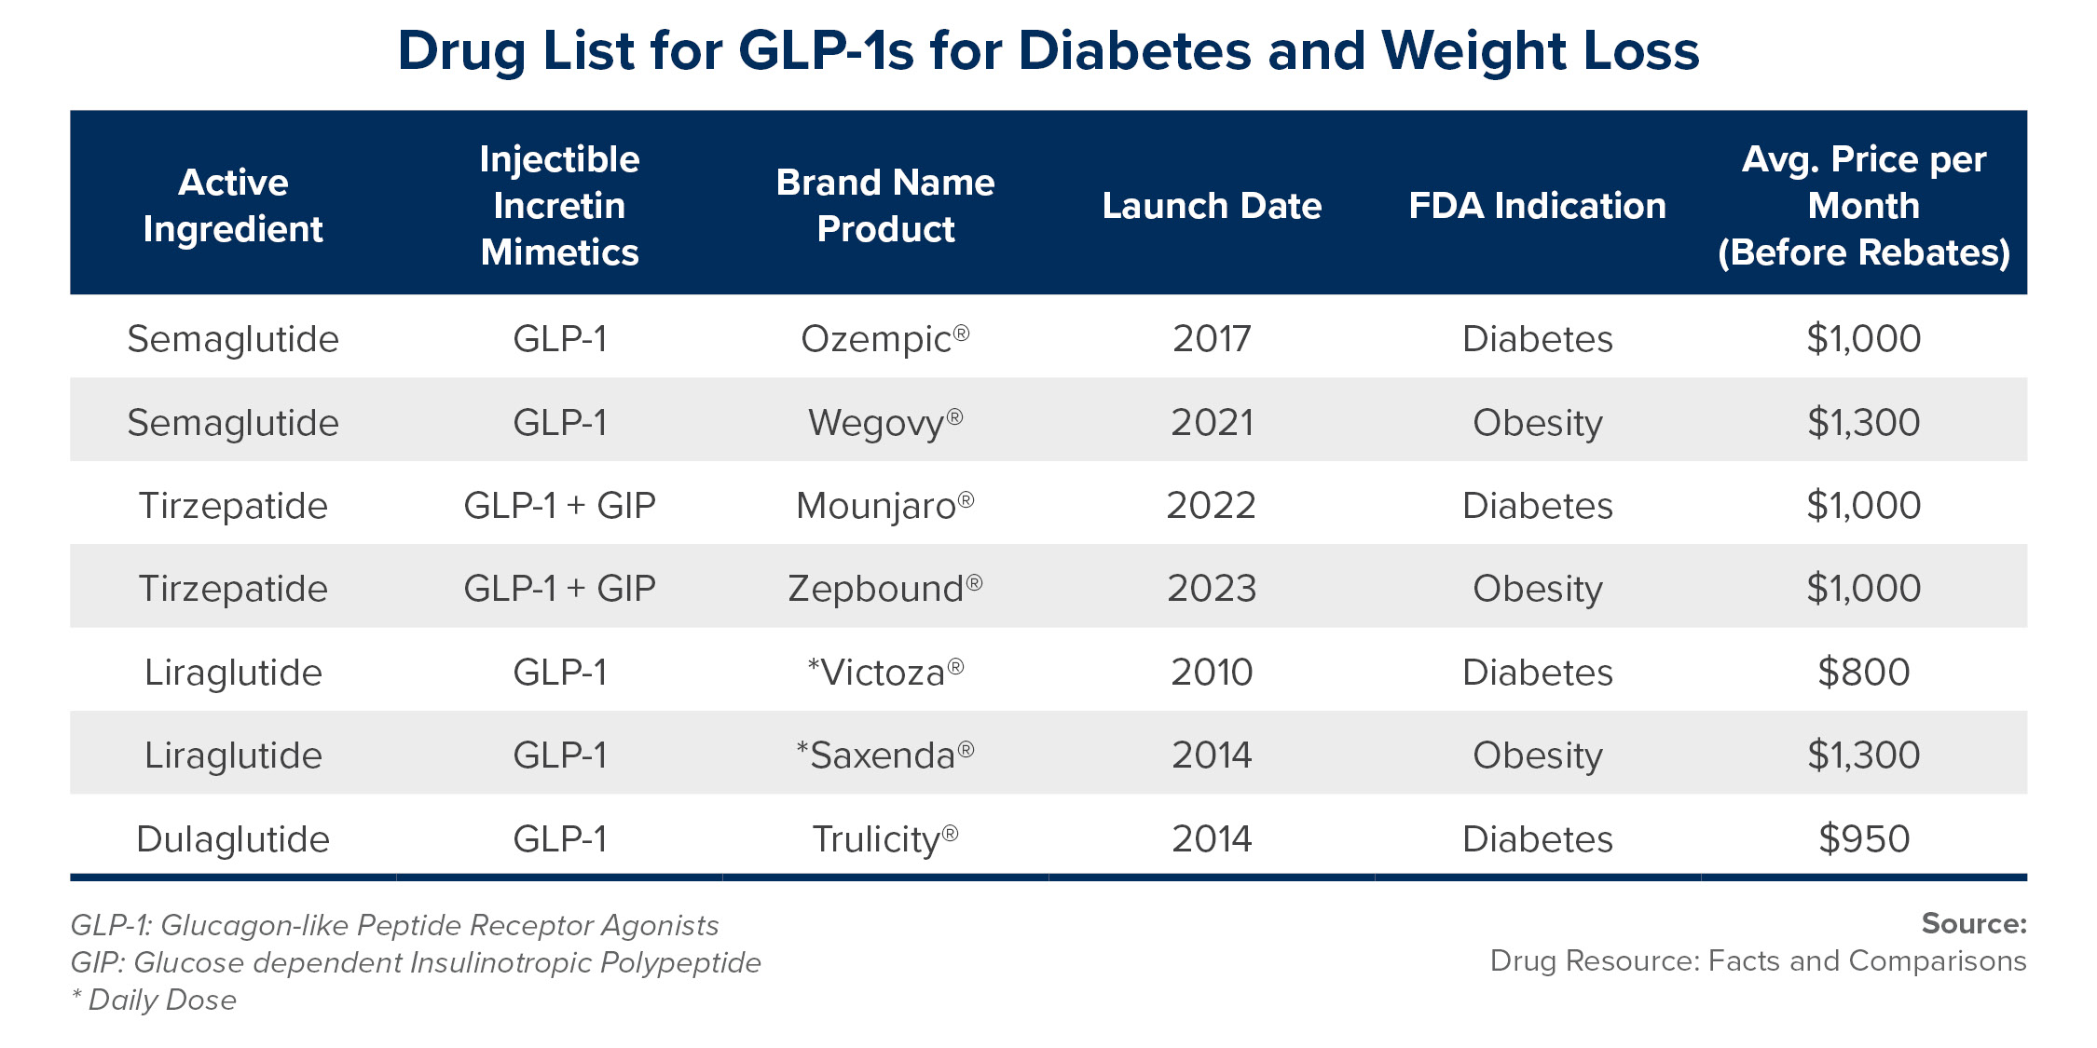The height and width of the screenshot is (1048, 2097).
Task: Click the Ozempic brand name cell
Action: coord(884,339)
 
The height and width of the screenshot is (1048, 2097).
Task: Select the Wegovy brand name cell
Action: coord(884,423)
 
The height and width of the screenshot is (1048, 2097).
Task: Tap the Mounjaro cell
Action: coord(884,506)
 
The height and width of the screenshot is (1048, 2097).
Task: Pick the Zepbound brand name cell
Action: coord(884,589)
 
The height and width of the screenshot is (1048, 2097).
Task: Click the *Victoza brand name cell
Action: coord(884,673)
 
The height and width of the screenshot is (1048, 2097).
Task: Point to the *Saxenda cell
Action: coord(884,755)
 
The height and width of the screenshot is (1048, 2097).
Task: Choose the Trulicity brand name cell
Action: coord(884,839)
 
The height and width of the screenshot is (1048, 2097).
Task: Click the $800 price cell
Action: coord(1863,673)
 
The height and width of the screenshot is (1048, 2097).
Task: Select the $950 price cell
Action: coord(1863,839)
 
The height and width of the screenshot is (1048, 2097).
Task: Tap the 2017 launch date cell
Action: coord(1211,339)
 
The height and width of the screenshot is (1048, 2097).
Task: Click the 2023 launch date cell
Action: coord(1211,589)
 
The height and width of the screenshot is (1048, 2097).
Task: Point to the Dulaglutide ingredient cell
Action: coord(233,839)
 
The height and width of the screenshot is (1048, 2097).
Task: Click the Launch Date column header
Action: coord(1211,206)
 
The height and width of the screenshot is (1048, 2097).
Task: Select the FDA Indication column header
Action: coord(1537,206)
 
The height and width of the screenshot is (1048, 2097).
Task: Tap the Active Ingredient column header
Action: coord(233,206)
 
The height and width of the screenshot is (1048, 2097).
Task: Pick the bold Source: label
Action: coord(1973,923)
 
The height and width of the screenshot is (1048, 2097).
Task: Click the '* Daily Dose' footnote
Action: coord(154,1000)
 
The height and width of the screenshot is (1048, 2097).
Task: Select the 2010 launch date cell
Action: coord(1211,673)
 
